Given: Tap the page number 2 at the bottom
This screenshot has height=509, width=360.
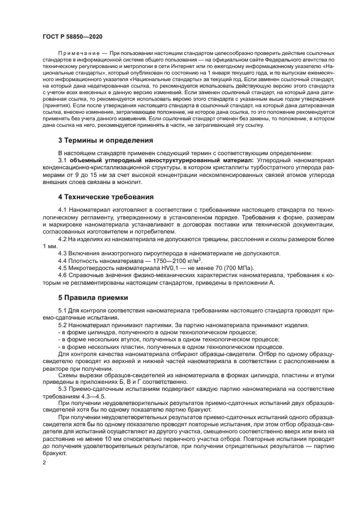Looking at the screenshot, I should (x=44, y=462).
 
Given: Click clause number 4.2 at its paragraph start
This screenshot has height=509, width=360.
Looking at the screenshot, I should (x=63, y=238).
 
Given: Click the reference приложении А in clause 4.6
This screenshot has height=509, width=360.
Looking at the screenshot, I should (x=256, y=282).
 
